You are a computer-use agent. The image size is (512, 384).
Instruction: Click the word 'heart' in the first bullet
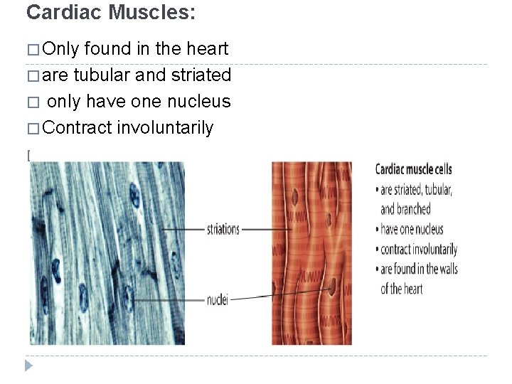point(206,49)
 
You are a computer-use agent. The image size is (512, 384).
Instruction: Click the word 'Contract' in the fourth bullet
point(78,128)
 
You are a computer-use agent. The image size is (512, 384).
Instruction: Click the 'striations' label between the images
point(223,230)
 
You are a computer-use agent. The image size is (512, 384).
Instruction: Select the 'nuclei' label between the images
point(217,301)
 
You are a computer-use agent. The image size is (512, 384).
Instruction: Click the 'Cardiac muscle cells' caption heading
point(413,169)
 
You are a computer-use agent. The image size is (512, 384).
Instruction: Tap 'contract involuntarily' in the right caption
point(418,249)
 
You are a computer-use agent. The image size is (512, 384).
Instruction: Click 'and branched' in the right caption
point(405,209)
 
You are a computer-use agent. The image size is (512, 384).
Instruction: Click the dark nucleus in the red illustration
point(332,286)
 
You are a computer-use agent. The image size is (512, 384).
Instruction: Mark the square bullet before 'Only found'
point(32,50)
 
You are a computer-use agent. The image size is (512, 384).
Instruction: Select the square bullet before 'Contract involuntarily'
point(32,129)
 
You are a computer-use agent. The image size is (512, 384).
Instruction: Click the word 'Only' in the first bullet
point(60,49)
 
